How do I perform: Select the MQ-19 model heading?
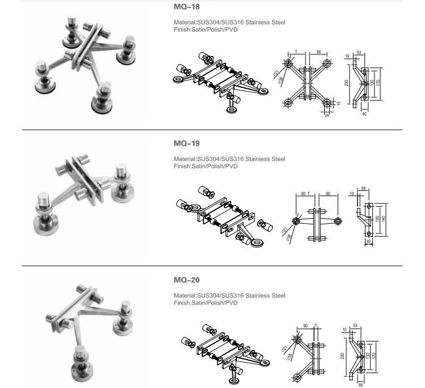coord(186,144)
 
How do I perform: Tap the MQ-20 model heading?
coord(186,280)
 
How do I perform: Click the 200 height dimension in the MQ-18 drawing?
coord(346,83)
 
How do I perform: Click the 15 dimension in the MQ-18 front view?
coord(338,103)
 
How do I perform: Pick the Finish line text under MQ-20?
coord(206,302)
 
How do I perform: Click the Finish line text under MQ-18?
coord(206,29)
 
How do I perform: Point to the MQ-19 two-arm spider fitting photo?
coord(85,195)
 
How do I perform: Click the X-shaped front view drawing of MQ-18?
coord(307,83)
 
